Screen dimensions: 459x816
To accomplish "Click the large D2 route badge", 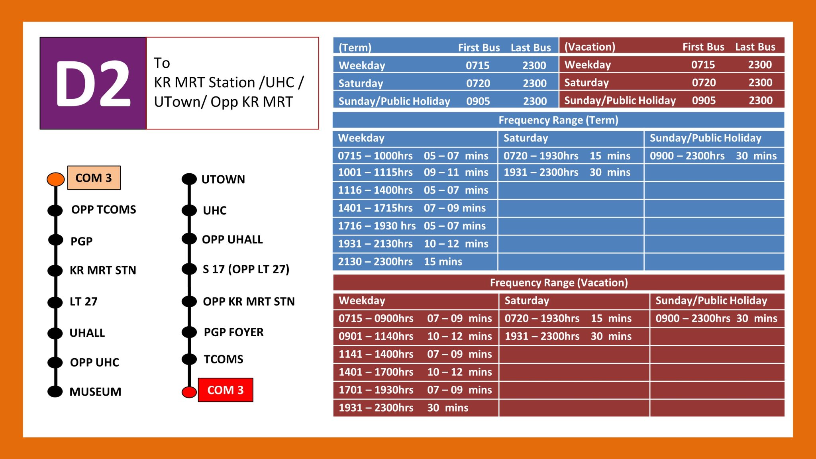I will [93, 83].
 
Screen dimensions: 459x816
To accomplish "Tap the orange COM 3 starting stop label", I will [94, 178].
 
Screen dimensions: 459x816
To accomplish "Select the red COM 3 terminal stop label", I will [225, 390].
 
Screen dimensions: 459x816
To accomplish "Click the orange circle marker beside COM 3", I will [56, 179].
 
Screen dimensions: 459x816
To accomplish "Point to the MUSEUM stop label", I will [95, 392].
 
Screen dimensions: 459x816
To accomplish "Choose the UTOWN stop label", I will [223, 179].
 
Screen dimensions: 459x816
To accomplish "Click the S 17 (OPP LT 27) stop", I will [246, 269].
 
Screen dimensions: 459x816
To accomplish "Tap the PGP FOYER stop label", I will [233, 332].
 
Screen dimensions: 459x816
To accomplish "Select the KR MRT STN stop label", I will [103, 270].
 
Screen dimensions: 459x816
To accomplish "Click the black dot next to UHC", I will [189, 210].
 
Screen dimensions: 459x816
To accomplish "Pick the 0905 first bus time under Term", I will [478, 101].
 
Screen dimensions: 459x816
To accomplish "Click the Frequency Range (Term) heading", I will [558, 120].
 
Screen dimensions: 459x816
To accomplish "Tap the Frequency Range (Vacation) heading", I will [559, 282].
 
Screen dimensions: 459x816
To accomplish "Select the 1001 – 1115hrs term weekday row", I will [413, 172].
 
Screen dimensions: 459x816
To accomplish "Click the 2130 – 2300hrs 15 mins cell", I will [400, 262].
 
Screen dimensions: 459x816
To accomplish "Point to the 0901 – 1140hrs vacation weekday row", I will [415, 336].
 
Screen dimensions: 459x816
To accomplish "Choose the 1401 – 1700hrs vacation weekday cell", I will [415, 372].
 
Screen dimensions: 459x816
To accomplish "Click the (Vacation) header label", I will [590, 47].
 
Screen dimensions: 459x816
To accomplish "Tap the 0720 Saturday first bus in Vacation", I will [704, 82].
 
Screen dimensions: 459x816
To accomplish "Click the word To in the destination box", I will [162, 63].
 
